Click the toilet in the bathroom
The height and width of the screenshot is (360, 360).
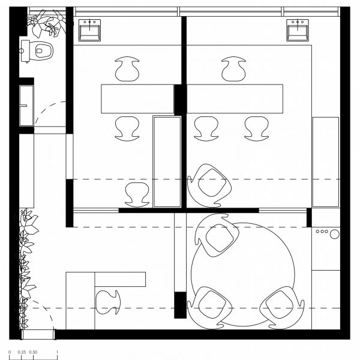37,51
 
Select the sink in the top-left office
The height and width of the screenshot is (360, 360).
89,31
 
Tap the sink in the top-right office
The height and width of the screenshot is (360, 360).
298,31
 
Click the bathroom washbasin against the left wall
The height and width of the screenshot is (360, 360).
26,106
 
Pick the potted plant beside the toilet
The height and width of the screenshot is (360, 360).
47,23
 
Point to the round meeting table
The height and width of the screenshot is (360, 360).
243,274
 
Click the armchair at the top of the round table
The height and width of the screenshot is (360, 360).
217,235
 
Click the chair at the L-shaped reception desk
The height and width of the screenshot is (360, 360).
107,302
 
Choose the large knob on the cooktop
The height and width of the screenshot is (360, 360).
335,234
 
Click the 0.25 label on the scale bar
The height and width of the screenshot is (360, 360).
22,352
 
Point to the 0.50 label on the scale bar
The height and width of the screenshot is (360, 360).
33,352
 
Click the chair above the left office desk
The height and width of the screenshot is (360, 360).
127,69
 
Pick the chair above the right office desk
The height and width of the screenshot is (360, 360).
233,69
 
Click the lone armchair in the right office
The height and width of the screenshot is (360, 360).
209,185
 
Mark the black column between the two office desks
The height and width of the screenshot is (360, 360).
180,100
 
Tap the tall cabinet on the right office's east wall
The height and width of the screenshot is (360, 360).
326,162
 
